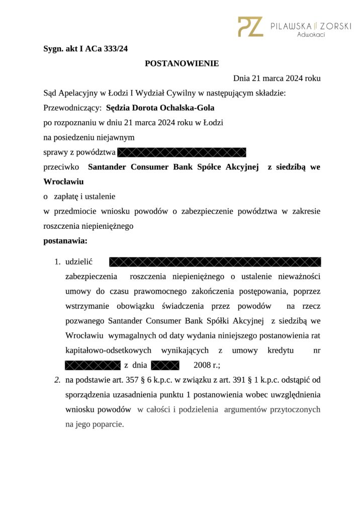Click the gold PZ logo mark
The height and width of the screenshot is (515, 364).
(250, 27)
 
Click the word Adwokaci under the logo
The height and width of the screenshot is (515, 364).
(311, 35)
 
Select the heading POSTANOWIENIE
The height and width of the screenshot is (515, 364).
(182, 63)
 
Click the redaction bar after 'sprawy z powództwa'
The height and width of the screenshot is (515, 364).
(182, 152)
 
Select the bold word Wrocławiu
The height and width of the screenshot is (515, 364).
(63, 181)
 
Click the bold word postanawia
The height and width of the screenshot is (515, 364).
(65, 241)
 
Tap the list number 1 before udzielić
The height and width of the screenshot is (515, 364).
(57, 262)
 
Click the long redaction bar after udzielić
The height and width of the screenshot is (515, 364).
(215, 262)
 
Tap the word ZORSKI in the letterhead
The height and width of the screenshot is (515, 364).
(334, 26)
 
